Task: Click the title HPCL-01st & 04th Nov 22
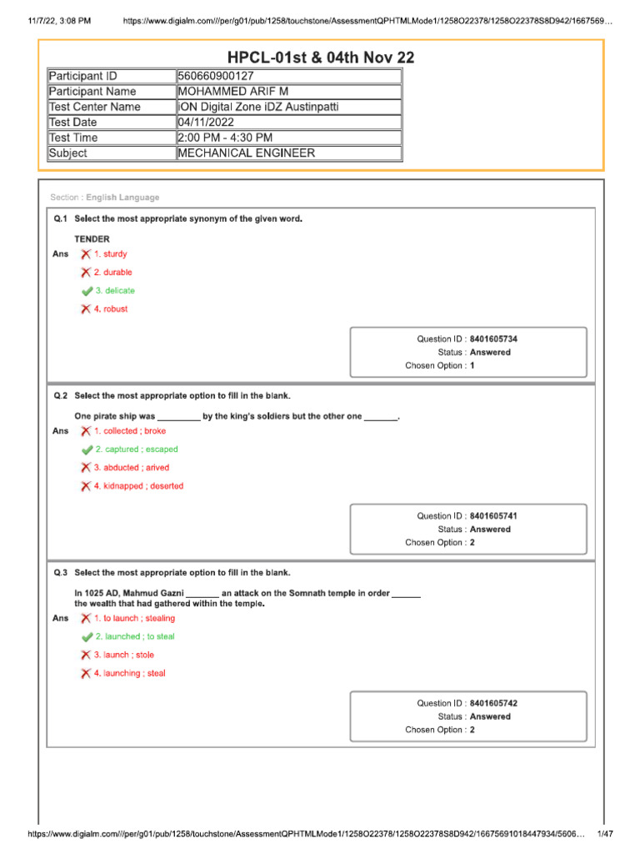pos(321,58)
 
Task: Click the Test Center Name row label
pos(95,107)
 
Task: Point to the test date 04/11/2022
pos(207,123)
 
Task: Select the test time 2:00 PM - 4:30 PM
pos(225,138)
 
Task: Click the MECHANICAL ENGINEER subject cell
pos(247,153)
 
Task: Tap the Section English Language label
pos(105,198)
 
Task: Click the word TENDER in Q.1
pos(92,239)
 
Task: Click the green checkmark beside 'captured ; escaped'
pos(87,450)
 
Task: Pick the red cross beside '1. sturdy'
pos(86,254)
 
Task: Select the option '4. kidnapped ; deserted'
pos(138,486)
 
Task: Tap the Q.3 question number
pos(60,573)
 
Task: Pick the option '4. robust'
pos(111,309)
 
